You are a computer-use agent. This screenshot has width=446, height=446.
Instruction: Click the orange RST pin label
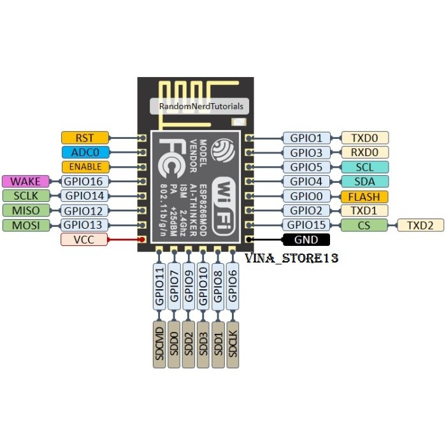click(85, 138)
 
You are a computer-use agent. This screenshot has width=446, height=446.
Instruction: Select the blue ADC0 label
click(85, 152)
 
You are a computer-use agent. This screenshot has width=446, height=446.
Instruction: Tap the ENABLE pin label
click(85, 167)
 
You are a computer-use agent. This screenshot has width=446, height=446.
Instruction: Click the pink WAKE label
click(25, 182)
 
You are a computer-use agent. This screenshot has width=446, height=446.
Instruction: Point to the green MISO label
click(25, 210)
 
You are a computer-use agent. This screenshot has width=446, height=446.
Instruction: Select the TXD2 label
click(420, 225)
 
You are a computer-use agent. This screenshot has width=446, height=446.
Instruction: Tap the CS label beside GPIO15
click(364, 225)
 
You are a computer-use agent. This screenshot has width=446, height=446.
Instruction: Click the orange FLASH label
click(364, 196)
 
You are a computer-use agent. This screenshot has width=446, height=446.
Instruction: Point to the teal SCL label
click(364, 167)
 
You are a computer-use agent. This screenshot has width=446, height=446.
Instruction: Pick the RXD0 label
click(364, 152)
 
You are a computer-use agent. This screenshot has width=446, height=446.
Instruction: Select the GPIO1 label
click(306, 138)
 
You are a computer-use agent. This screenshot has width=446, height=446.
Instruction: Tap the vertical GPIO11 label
click(159, 287)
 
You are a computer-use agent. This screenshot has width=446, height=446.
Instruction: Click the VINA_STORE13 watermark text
click(292, 259)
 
